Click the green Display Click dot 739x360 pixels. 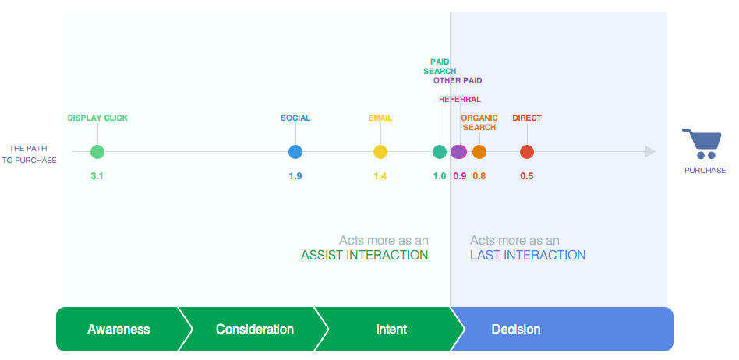97,152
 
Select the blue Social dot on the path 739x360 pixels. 295,152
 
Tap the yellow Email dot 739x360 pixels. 380,152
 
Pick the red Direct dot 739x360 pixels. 527,152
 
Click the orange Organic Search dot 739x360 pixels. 479,152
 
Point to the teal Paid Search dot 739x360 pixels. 440,152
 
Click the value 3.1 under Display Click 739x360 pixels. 97,176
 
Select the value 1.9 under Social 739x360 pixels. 295,176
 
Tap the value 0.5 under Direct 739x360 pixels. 527,176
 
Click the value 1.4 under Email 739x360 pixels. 380,176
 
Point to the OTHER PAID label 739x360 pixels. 458,80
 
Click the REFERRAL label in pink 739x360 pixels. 460,100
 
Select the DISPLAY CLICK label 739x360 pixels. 97,118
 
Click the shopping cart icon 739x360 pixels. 702,143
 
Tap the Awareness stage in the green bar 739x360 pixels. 118,329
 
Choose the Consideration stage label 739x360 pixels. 254,329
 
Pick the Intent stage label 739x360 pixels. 391,329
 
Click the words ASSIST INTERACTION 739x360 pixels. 365,256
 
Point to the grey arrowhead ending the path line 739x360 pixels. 650,152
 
